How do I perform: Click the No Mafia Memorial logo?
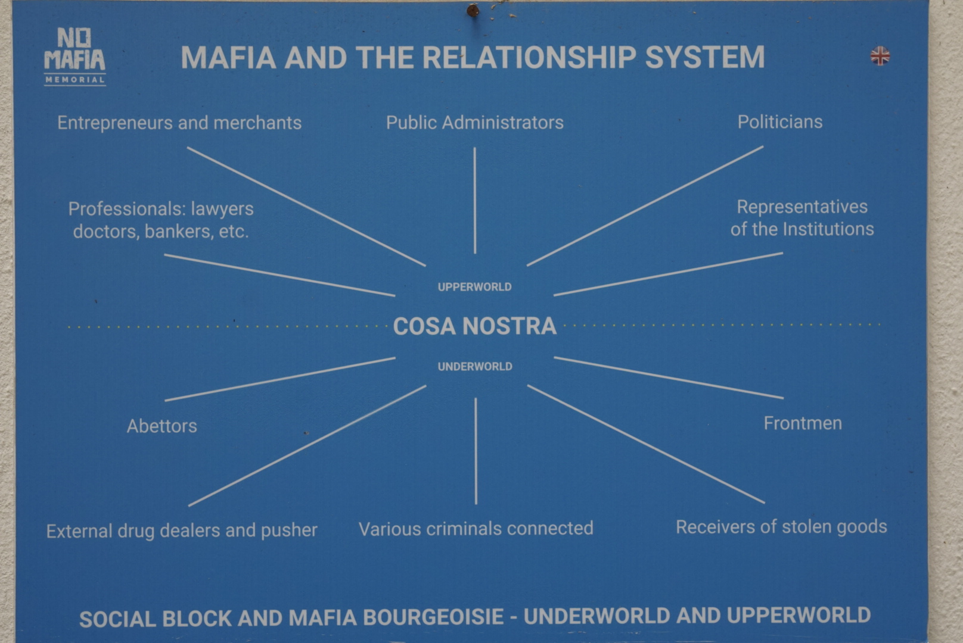point(75,57)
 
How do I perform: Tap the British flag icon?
point(880,56)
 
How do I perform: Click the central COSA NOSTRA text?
point(474,326)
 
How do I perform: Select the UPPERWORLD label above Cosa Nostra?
point(474,287)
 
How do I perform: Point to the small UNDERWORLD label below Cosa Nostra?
point(475,366)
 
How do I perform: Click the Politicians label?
point(780,122)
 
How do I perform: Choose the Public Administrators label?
point(474,123)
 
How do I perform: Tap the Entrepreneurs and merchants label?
point(179,123)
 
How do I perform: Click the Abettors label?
point(161,426)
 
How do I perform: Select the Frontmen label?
point(803,423)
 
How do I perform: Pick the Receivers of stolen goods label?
point(781,527)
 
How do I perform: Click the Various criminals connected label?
point(476,528)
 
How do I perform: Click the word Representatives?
point(802,207)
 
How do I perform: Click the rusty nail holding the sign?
point(473,10)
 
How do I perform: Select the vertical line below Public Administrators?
point(474,201)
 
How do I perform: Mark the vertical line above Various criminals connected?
point(476,451)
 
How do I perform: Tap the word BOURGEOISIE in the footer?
point(433,617)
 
